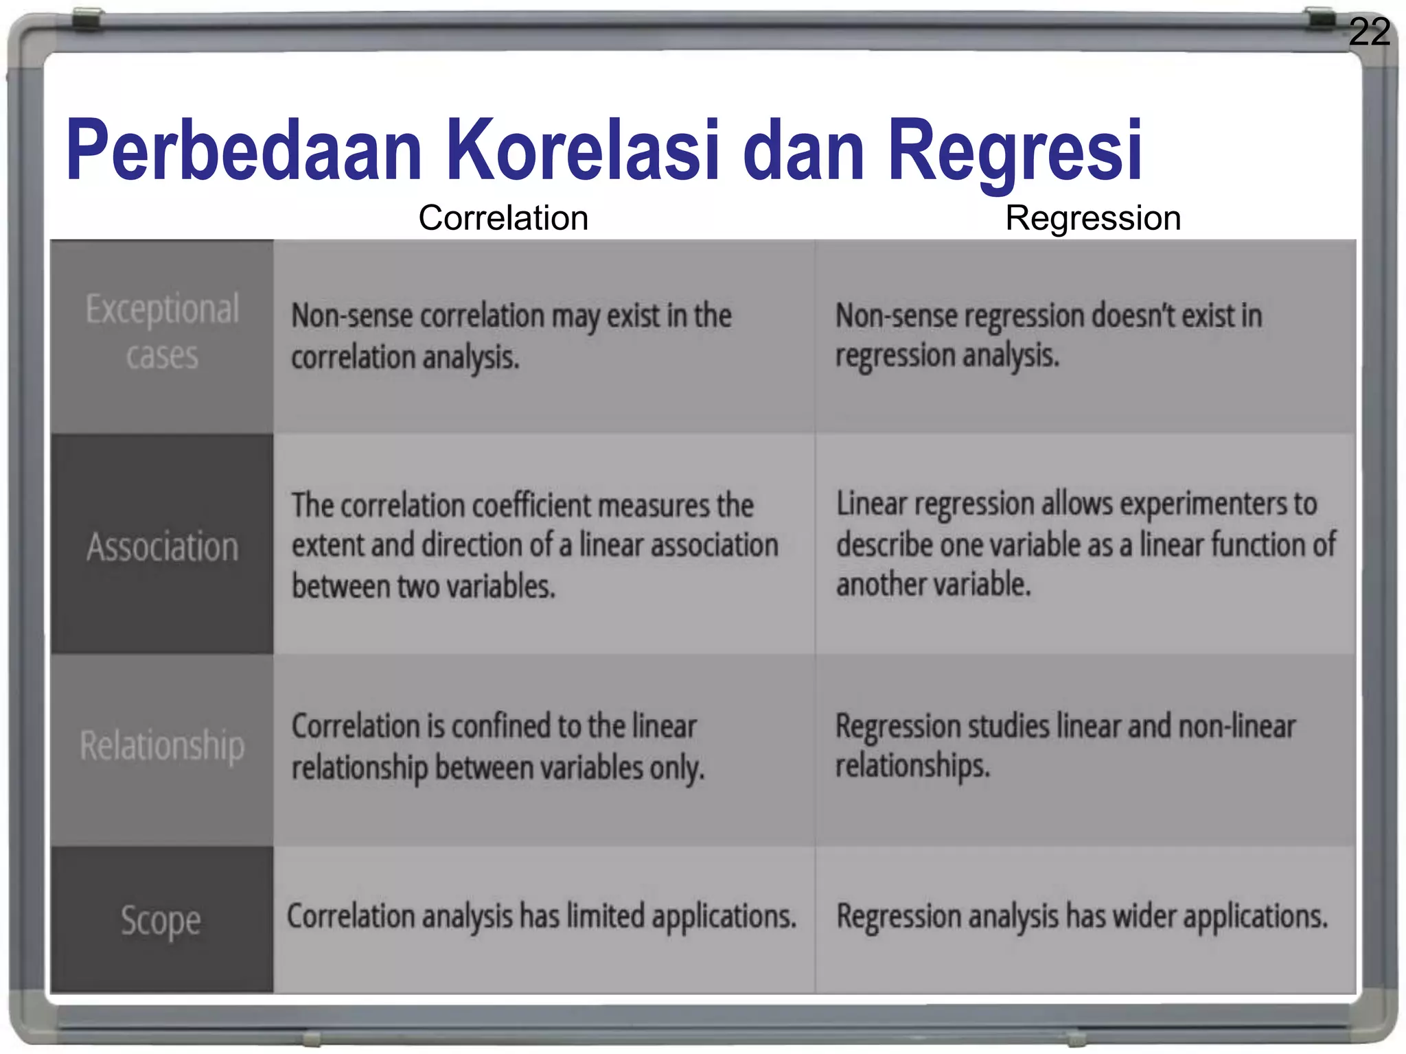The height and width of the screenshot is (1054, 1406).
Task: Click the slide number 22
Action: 1369,32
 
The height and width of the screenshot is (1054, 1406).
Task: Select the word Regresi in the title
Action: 1015,152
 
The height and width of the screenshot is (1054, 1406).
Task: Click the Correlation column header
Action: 503,218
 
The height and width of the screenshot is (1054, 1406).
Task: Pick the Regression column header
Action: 1093,218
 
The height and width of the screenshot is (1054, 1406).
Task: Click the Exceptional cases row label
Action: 162,332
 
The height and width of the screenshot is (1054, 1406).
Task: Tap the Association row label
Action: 162,547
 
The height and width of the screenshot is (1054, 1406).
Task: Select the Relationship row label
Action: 162,746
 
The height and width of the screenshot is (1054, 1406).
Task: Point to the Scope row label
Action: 161,920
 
